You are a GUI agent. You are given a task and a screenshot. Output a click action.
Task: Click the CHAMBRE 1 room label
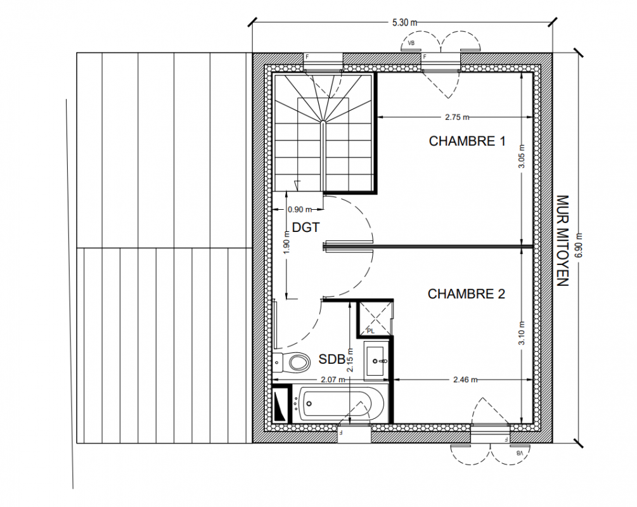coord(467,141)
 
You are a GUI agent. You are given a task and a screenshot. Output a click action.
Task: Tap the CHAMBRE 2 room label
coord(466,293)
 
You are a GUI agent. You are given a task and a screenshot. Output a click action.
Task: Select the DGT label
coord(306,228)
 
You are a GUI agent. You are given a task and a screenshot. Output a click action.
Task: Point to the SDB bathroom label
coord(331,359)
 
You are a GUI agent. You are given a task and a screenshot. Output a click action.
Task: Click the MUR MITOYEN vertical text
coord(562,241)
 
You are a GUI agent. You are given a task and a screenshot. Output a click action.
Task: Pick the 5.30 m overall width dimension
coord(404,23)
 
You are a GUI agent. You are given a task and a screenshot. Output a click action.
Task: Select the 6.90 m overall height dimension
coord(579,245)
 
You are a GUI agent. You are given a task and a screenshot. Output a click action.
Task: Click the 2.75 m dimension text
coord(457,117)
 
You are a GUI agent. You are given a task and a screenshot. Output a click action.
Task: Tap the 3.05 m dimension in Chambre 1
coord(522,157)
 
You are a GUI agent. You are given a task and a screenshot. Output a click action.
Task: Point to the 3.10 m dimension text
coord(522,333)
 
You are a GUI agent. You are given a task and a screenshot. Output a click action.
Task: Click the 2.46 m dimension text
coord(466,380)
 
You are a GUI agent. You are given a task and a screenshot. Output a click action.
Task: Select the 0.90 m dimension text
coord(300,210)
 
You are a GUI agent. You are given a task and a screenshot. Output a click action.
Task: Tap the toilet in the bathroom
coord(292,362)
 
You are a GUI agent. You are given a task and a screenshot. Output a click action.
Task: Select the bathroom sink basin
coord(376,361)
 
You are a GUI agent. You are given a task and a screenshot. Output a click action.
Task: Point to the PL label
coord(371,331)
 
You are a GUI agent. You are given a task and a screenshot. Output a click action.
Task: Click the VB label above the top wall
coord(411,42)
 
